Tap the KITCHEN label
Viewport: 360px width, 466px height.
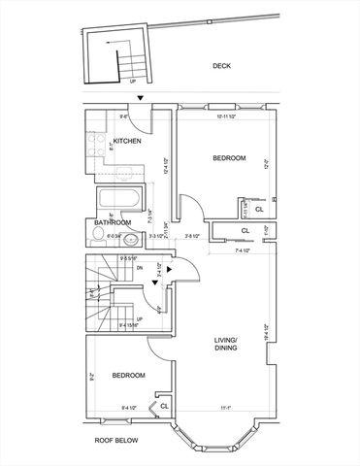128,141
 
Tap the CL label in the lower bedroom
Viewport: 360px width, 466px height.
164,405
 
